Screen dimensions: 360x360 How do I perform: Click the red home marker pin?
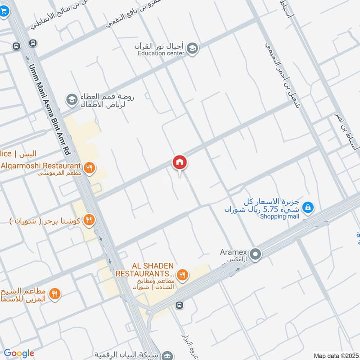pos(180,162)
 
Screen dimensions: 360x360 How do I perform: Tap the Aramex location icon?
pos(256,255)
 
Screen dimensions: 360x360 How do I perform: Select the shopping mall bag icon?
pos(308,207)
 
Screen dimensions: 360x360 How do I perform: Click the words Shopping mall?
pos(279,216)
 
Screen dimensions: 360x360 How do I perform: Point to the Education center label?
pos(161,54)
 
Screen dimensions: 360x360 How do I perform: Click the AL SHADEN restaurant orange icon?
pos(182,274)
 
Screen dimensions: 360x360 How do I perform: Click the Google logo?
pos(19,353)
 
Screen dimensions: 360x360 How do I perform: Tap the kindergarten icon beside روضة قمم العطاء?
pos(71,99)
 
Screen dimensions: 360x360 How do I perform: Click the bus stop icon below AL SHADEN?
pos(180,306)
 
